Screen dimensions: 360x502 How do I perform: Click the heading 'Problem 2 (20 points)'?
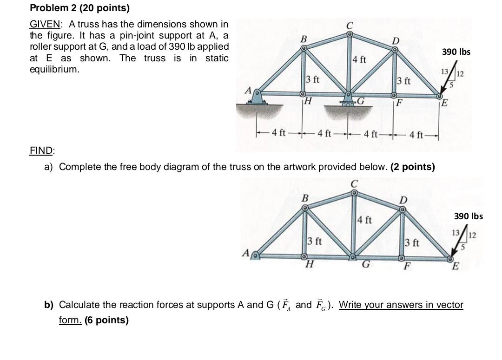coord(79,8)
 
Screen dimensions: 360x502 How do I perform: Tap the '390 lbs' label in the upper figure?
coord(456,52)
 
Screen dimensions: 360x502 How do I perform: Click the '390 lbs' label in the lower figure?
coord(468,216)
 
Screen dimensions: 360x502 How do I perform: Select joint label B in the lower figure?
coord(305,198)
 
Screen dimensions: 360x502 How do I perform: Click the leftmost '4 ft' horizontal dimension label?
coord(279,134)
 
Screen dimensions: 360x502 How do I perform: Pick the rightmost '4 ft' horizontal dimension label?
coord(416,135)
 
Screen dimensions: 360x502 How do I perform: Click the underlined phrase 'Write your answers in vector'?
coord(401,305)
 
